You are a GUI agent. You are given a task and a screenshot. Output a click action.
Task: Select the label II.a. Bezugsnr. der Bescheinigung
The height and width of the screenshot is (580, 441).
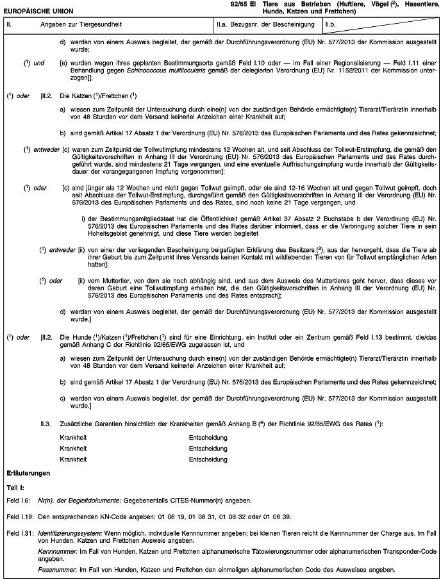point(265,25)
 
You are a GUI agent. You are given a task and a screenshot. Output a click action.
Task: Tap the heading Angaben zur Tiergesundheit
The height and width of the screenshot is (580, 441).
point(76,25)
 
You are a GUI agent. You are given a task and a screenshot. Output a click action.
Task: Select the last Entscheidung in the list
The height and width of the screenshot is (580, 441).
point(209,459)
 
